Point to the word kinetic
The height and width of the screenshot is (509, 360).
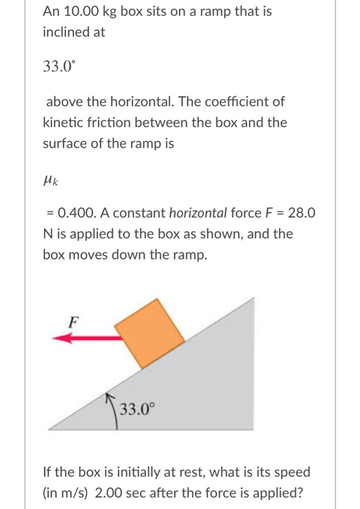coord(63,122)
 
